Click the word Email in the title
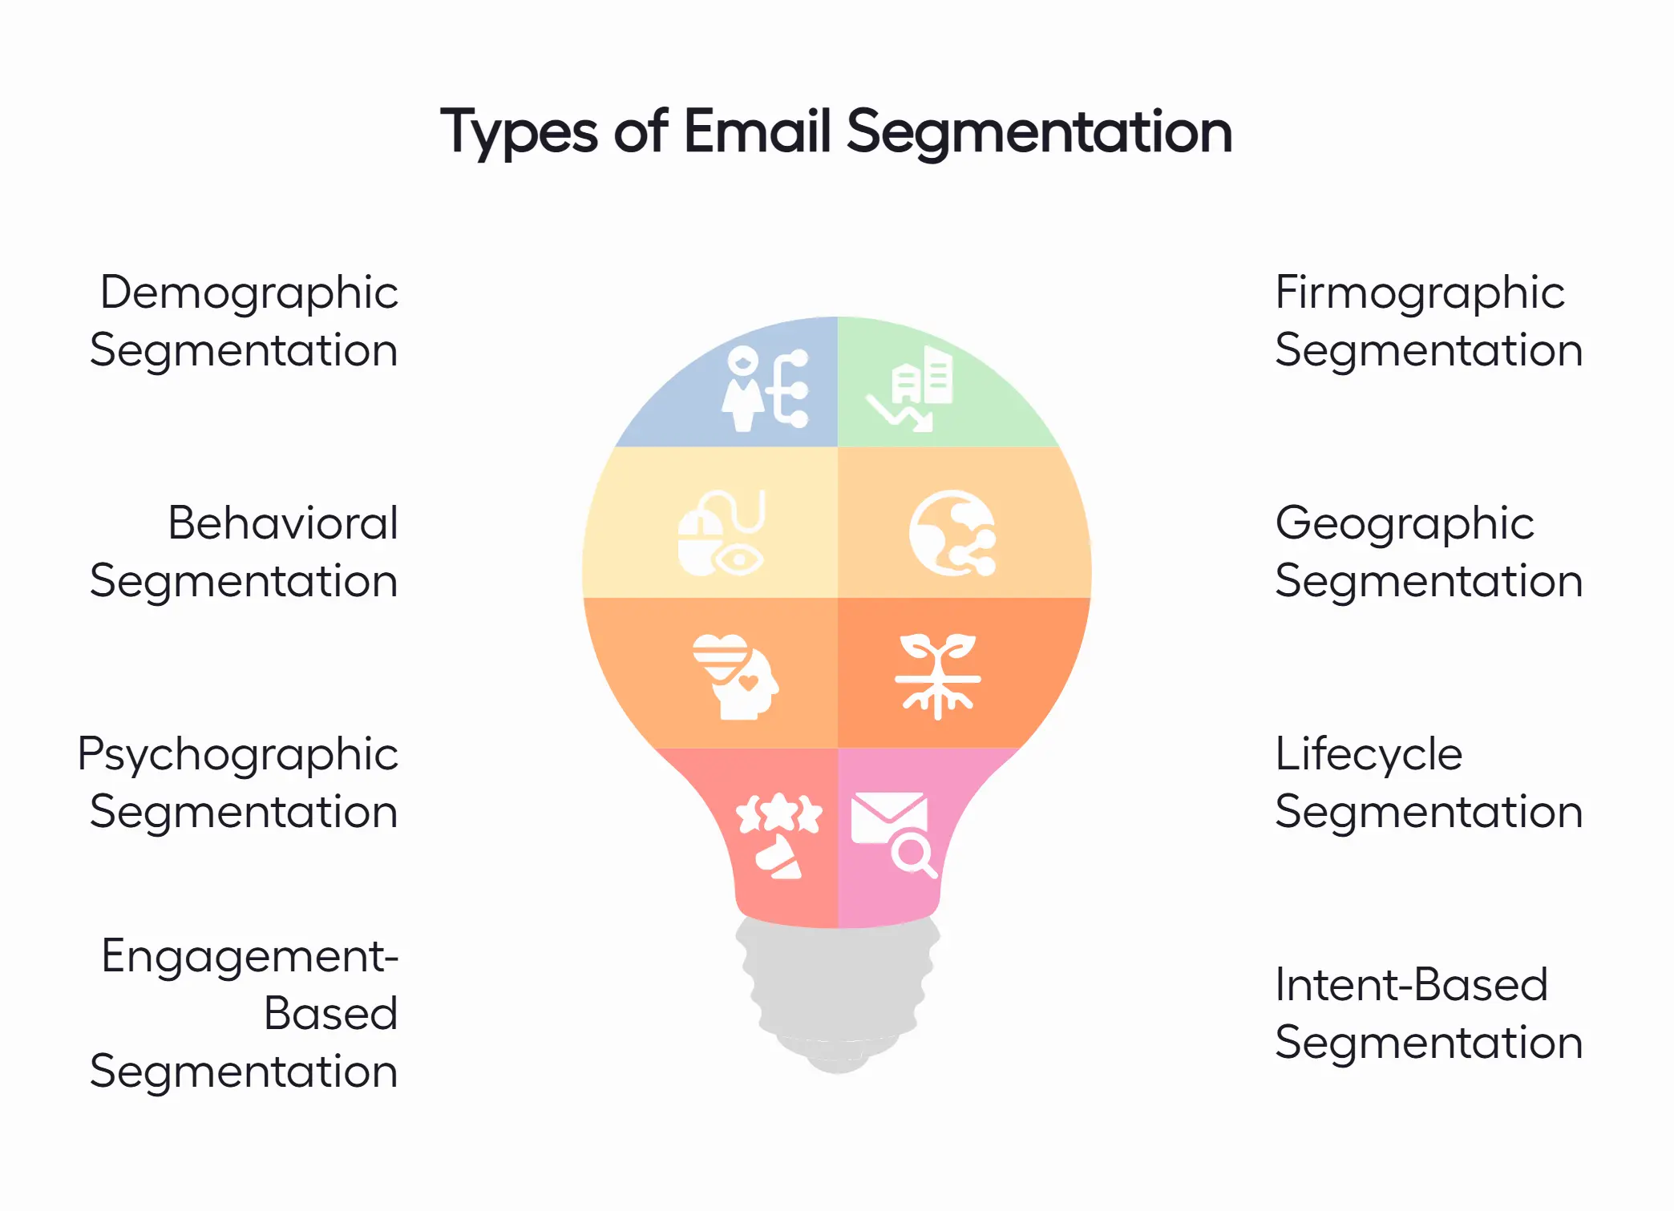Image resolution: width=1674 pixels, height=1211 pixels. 757,131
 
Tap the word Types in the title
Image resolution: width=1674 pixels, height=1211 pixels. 519,133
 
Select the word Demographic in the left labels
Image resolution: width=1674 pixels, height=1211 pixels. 249,293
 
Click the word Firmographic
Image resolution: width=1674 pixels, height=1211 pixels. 1419,293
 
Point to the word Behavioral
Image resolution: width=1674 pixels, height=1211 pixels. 282,523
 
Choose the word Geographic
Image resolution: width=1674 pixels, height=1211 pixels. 1404,524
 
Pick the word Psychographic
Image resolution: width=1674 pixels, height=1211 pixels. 237,755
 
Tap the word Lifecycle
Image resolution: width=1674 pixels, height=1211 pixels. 1369,754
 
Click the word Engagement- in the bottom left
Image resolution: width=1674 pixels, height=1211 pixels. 249,956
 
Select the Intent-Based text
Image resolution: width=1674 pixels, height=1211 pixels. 1411,985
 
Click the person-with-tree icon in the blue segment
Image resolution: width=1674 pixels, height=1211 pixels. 766,389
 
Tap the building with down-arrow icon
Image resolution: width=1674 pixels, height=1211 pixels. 912,390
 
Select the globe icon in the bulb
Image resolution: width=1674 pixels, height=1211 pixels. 952,533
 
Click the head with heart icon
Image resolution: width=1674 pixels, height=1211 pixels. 735,676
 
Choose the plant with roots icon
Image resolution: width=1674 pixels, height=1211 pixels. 937,676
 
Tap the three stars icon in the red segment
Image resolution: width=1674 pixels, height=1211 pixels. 778,813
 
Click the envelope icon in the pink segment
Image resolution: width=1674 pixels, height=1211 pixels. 888,817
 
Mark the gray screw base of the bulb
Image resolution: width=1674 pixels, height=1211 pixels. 837,994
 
